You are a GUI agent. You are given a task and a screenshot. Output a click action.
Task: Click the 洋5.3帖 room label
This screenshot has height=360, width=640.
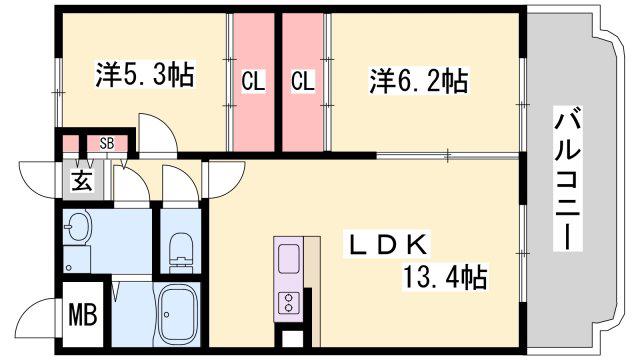[144, 74]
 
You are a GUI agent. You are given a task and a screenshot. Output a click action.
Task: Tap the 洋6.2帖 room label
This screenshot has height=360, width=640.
[418, 80]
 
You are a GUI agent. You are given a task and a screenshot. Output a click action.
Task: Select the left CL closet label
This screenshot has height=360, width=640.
[253, 81]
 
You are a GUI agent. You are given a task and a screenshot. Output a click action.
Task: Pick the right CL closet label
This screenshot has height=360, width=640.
[303, 81]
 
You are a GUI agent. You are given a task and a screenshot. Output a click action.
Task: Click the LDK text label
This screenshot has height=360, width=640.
[387, 245]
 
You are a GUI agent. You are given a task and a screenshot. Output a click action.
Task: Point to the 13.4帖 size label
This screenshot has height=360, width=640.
[445, 277]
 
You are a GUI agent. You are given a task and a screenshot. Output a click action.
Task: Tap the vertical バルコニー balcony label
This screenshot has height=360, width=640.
[568, 178]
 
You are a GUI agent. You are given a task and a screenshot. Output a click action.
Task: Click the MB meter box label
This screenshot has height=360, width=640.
[83, 315]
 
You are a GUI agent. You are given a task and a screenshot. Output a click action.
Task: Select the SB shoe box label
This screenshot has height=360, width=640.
[107, 143]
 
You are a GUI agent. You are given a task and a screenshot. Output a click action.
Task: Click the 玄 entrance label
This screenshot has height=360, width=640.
[82, 180]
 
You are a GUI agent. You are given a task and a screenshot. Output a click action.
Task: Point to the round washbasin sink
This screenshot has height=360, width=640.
[78, 226]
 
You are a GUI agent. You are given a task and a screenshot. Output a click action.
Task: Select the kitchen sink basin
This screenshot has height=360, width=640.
[289, 259]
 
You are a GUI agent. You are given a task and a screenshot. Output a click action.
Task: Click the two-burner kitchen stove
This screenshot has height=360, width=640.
[289, 302]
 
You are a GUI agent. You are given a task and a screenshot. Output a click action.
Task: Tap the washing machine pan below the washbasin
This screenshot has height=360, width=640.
[77, 259]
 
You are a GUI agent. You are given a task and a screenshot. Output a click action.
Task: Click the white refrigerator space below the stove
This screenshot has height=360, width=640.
[293, 338]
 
